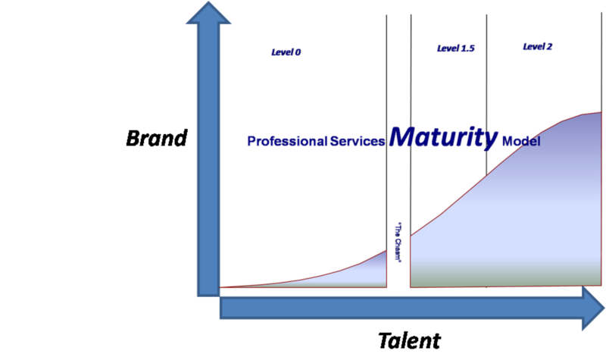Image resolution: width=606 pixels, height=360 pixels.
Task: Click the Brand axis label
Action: tap(156, 139)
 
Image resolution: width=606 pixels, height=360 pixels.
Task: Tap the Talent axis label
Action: tap(408, 340)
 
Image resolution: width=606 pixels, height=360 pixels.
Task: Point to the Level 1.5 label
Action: tap(455, 49)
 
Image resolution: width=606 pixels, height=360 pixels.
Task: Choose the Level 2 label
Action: tap(537, 46)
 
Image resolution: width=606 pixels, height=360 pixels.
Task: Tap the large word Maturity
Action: tap(444, 137)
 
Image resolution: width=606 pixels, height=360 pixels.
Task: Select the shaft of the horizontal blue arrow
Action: tap(401, 308)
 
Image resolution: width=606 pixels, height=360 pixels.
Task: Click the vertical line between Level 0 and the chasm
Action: tap(386, 114)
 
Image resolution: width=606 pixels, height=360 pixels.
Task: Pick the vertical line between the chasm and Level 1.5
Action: tap(411, 114)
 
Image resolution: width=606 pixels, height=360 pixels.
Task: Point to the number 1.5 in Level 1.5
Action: tap(467, 49)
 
